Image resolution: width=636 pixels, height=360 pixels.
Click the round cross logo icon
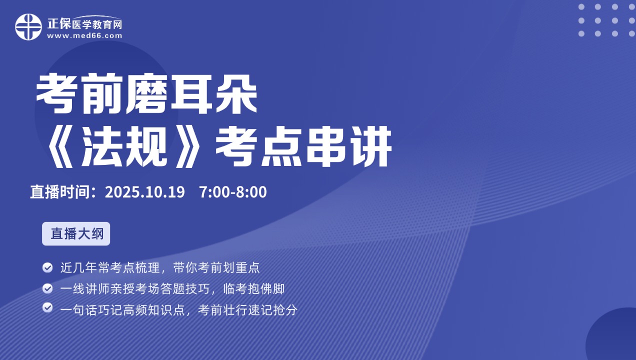(28, 27)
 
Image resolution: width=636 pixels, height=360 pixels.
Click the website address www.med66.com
(84, 35)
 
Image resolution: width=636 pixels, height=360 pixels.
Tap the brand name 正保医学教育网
(84, 23)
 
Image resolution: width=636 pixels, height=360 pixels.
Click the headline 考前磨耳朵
(146, 94)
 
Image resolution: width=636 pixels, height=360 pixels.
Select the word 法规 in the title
(124, 148)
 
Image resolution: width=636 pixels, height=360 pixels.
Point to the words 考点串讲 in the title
(303, 148)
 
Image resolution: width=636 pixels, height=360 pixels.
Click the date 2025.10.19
(145, 192)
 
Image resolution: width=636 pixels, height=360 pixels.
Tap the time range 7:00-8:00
(232, 192)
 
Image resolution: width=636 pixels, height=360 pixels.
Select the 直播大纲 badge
(76, 234)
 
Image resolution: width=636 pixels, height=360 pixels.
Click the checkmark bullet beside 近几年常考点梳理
(47, 267)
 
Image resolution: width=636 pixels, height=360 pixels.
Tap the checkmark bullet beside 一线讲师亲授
(47, 288)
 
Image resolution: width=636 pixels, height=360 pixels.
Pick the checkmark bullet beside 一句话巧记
(47, 307)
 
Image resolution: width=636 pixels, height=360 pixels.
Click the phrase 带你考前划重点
(216, 267)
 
